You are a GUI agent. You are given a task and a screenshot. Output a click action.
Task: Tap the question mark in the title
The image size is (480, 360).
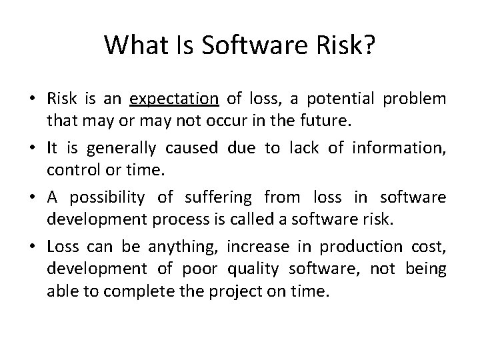click(369, 45)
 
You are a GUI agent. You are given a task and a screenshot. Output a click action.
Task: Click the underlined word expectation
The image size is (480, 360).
click(175, 100)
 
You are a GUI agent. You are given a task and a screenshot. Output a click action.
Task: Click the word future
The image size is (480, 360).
click(307, 121)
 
